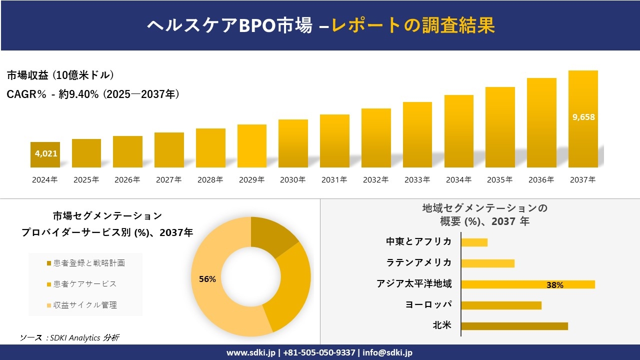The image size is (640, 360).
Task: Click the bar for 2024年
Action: [45, 154]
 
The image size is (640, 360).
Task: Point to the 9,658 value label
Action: [583, 117]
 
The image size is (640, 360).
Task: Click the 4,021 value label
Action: [46, 153]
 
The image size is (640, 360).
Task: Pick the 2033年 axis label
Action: [417, 179]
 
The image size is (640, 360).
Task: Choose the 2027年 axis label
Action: [168, 179]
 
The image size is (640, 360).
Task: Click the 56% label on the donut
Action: [207, 279]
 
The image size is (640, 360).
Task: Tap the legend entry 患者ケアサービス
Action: [84, 284]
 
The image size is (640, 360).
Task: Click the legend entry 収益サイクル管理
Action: [84, 305]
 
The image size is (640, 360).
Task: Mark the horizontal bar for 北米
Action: [514, 326]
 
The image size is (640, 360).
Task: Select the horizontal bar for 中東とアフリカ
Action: [474, 242]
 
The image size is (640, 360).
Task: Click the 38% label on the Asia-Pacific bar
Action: [554, 285]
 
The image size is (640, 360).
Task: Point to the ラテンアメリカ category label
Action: [418, 262]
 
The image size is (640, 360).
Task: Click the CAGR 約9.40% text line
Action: [93, 94]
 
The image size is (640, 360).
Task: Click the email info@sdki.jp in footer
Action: [388, 352]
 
